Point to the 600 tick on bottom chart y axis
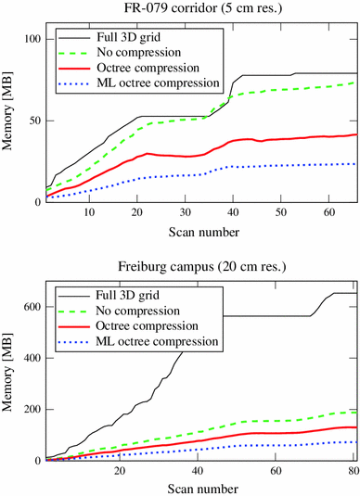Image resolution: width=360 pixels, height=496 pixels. [x=31, y=306]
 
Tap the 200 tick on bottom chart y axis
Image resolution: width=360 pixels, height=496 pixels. [x=31, y=409]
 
